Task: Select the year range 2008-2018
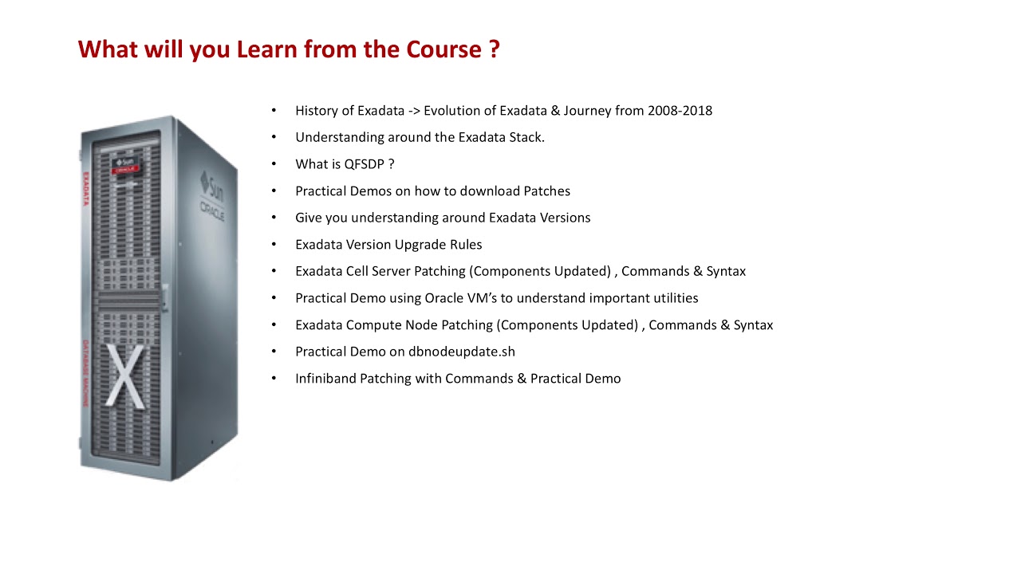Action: point(680,111)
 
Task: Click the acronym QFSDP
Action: point(365,164)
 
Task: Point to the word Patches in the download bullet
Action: point(546,191)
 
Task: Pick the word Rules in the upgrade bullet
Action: point(466,245)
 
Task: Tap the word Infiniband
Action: point(325,379)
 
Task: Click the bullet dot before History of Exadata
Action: point(274,111)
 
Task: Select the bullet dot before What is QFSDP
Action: point(274,164)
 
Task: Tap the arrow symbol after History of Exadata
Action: point(414,111)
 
